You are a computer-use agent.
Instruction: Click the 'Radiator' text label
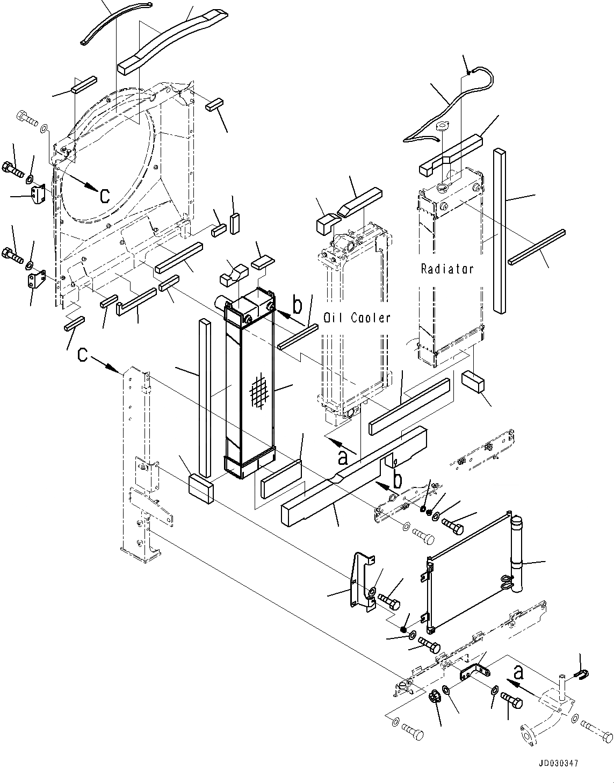click(447, 269)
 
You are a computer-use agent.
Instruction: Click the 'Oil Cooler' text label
click(357, 318)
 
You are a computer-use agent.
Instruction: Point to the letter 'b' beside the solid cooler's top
click(297, 305)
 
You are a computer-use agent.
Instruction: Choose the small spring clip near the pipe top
click(583, 673)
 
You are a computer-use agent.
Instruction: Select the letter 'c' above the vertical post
click(82, 355)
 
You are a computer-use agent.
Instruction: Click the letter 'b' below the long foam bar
click(396, 480)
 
